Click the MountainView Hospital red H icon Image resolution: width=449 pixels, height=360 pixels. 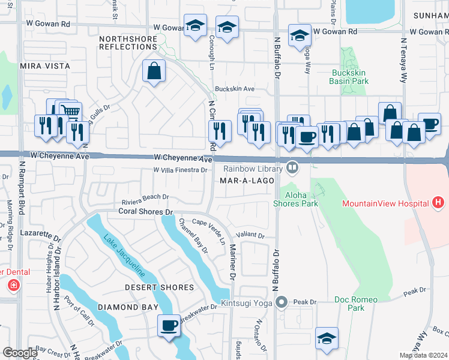pyautogui.click(x=439, y=203)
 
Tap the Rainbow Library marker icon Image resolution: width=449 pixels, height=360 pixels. pyautogui.click(x=292, y=168)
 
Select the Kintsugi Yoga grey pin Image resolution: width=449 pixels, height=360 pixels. pyautogui.click(x=281, y=302)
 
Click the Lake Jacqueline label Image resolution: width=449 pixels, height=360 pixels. pyautogui.click(x=124, y=256)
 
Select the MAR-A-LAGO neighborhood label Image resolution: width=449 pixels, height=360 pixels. pyautogui.click(x=243, y=180)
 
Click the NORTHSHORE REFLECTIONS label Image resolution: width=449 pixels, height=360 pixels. pyautogui.click(x=128, y=42)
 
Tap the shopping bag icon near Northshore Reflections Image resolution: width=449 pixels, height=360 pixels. pyautogui.click(x=154, y=71)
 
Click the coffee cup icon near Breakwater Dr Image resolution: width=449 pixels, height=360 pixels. pyautogui.click(x=169, y=325)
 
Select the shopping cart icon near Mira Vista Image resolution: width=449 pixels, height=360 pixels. pyautogui.click(x=71, y=112)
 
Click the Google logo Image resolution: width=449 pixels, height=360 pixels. pyautogui.click(x=20, y=353)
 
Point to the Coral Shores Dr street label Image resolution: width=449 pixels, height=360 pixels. pyautogui.click(x=145, y=212)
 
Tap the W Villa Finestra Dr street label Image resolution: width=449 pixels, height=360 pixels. pyautogui.click(x=180, y=170)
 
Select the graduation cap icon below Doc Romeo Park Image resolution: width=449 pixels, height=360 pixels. pyautogui.click(x=327, y=338)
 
